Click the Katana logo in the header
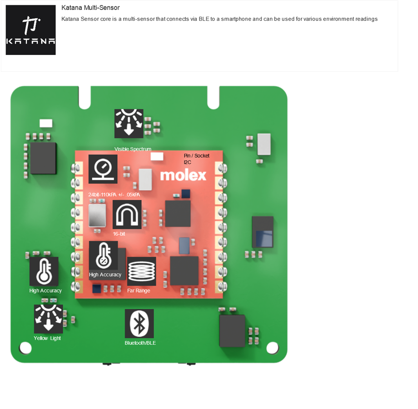pyautogui.click(x=30, y=30)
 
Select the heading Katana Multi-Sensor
pyautogui.click(x=90, y=8)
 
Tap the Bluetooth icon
pyautogui.click(x=139, y=324)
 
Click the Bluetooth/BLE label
pyautogui.click(x=140, y=343)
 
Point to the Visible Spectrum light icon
pyautogui.click(x=129, y=123)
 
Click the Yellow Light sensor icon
pyautogui.click(x=48, y=319)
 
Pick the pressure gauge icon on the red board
pyautogui.click(x=103, y=169)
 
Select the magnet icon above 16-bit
pyautogui.click(x=127, y=214)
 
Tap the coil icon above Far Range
pyautogui.click(x=141, y=271)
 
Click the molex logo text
pyautogui.click(x=183, y=175)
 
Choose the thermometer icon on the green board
pyautogui.click(x=44, y=271)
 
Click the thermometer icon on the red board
pyautogui.click(x=103, y=255)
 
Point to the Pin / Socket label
pyautogui.click(x=197, y=156)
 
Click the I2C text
pyautogui.click(x=188, y=162)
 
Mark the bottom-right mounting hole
pyautogui.click(x=272, y=348)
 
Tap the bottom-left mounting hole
pyautogui.click(x=25, y=348)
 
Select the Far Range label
pyautogui.click(x=139, y=291)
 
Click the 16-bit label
pyautogui.click(x=119, y=234)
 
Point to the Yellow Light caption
pyautogui.click(x=47, y=339)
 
